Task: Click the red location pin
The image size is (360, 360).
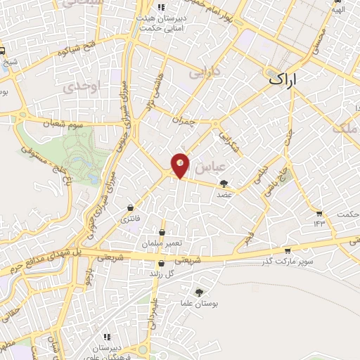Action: coord(180,165)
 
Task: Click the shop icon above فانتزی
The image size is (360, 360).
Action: coord(131,208)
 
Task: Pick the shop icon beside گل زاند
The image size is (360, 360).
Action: coord(161,264)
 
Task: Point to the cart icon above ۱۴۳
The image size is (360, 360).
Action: coord(320,213)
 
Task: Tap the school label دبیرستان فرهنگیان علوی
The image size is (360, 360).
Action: coord(108,349)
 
